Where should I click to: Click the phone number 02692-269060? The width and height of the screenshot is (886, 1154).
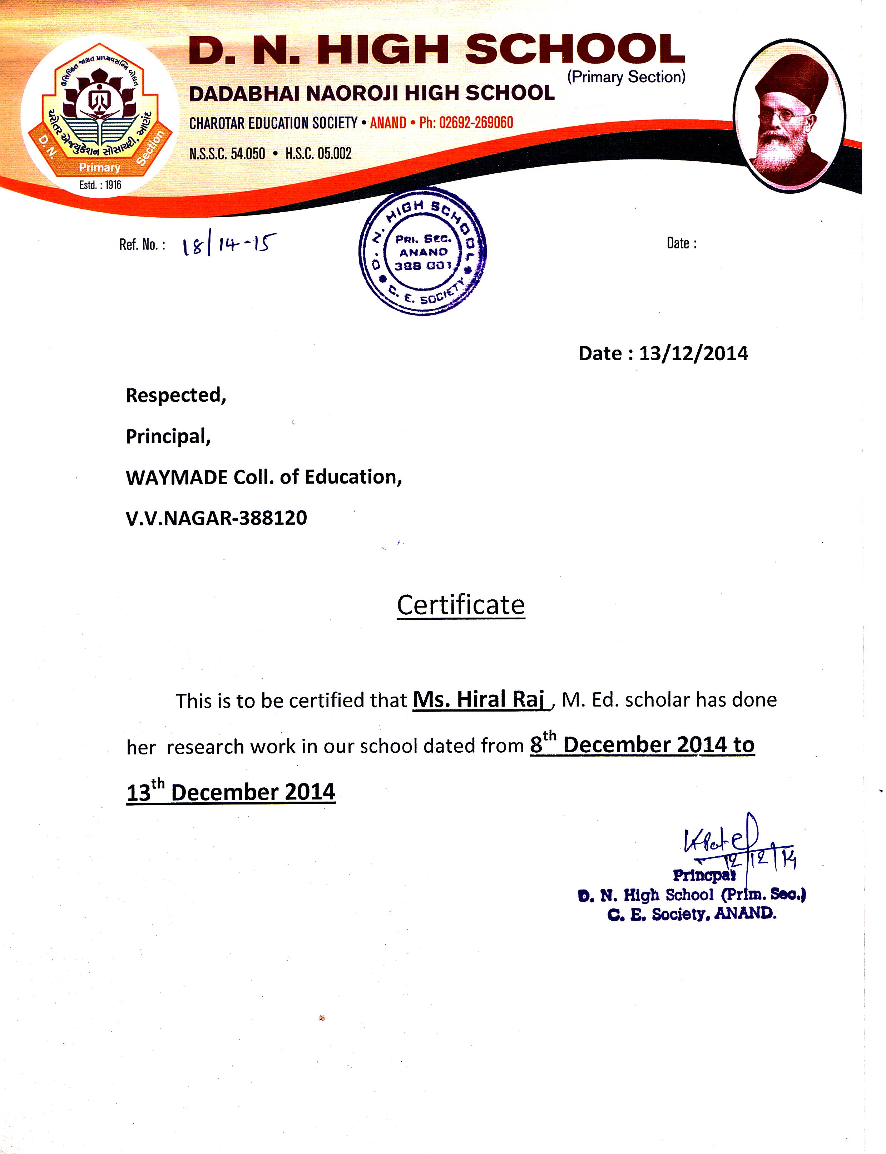coord(476,123)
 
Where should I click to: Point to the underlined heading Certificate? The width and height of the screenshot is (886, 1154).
coord(460,605)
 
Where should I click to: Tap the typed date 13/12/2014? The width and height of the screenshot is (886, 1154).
coord(693,353)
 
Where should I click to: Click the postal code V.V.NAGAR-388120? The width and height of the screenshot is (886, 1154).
coord(216,518)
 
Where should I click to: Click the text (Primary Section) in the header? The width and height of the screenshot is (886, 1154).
coord(626,77)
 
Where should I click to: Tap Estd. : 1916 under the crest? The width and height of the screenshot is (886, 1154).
coord(100,185)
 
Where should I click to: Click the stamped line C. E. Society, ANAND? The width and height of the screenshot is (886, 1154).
coord(692,914)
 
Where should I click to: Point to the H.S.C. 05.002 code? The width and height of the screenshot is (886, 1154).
coord(318,153)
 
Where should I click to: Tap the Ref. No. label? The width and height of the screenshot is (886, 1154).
coord(142,245)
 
